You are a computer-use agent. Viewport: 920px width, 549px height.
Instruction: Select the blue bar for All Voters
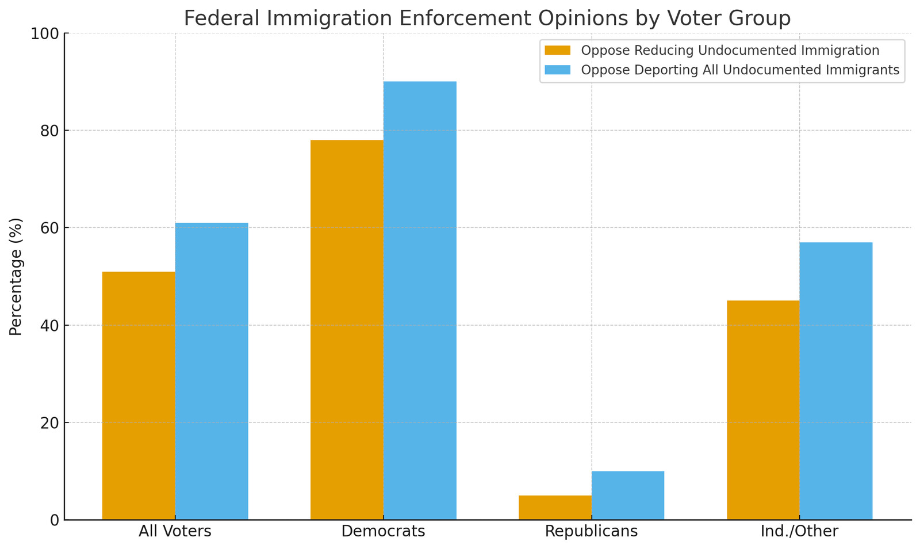[212, 371]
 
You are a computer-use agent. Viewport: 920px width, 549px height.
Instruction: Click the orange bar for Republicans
[555, 508]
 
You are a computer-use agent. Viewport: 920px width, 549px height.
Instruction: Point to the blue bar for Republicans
[628, 495]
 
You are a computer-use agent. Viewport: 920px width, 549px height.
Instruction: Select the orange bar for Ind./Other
[763, 410]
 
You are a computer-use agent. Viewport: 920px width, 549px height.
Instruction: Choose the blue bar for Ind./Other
[836, 381]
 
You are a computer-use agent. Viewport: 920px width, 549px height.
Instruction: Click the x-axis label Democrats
[384, 531]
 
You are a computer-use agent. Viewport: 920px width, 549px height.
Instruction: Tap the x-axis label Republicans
[592, 531]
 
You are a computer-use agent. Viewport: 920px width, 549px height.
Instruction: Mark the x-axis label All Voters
[175, 531]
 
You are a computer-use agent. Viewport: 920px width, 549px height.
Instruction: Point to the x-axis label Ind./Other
[799, 531]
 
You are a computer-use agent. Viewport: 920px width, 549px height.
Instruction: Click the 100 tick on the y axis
[47, 33]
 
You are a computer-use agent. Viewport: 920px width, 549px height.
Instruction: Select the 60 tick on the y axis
[51, 228]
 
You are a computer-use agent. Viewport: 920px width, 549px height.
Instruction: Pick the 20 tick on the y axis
[51, 423]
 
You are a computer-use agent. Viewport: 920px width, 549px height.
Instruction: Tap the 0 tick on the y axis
[55, 520]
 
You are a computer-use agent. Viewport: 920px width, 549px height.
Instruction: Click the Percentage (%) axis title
[16, 276]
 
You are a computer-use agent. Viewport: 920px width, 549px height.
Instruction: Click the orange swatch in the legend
[558, 51]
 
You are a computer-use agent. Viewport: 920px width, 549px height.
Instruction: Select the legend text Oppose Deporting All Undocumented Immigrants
[740, 70]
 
